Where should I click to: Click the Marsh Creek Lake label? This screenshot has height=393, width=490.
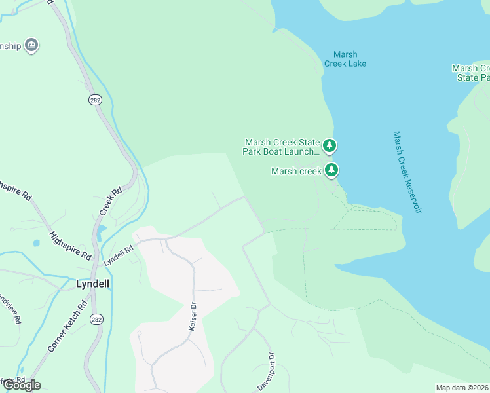(x=345, y=59)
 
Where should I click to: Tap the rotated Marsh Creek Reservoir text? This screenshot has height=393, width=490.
(x=407, y=172)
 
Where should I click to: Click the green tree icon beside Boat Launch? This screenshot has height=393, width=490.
(x=331, y=145)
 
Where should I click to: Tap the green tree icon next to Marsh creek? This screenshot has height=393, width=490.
(x=331, y=170)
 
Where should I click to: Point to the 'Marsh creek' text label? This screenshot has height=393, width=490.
(x=296, y=171)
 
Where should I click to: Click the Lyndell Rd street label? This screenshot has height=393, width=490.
(x=118, y=255)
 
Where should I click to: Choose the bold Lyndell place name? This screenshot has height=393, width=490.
(x=92, y=284)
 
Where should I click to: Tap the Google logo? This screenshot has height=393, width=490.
(x=22, y=385)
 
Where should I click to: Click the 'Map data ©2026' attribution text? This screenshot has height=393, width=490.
(x=462, y=388)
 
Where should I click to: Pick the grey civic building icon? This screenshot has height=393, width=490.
(x=31, y=45)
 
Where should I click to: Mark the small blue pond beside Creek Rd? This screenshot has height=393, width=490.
(x=100, y=232)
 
